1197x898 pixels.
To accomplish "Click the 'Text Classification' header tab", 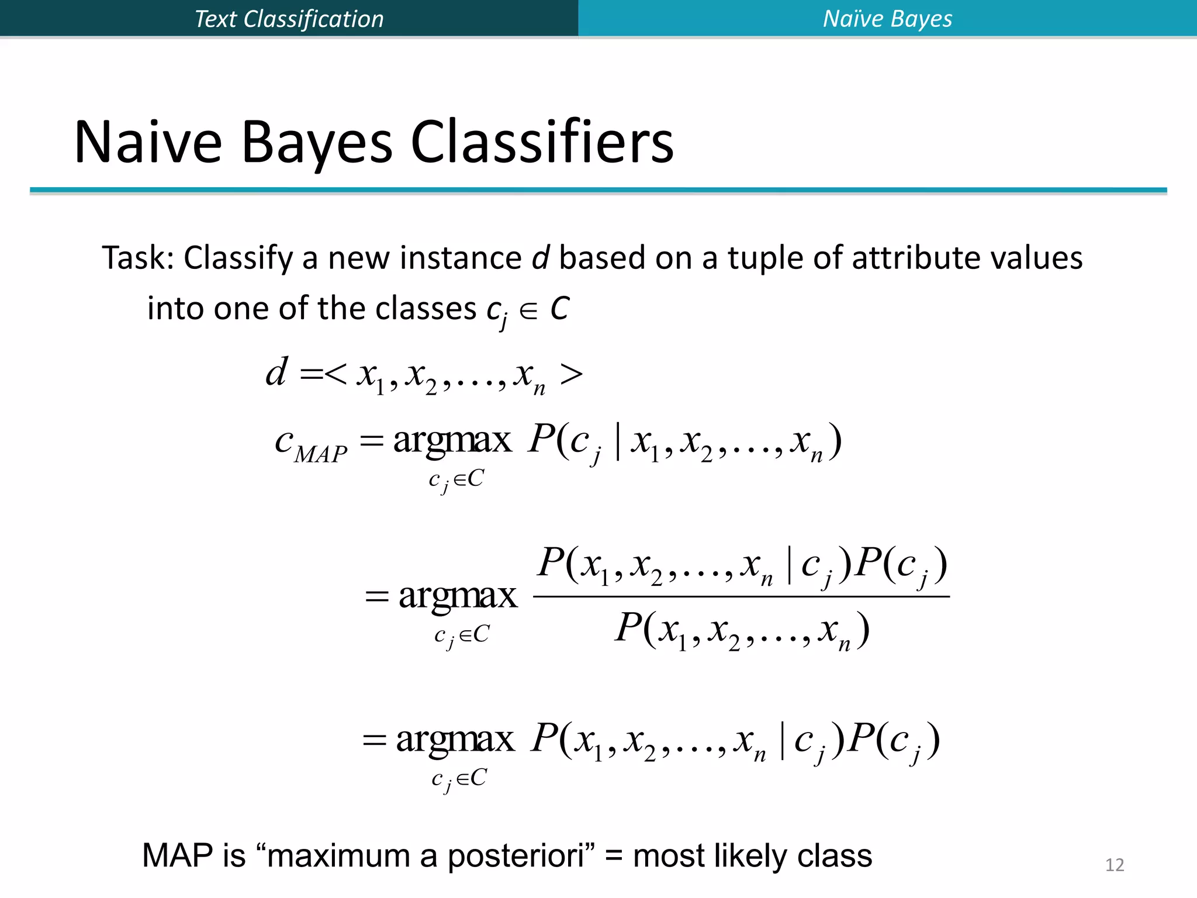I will click(x=289, y=19).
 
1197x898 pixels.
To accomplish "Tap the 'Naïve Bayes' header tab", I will click(x=887, y=19).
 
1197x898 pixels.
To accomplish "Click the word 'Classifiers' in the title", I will click(x=542, y=143).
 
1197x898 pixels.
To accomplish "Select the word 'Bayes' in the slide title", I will click(x=316, y=143).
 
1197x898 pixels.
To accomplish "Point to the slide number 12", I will click(x=1115, y=865).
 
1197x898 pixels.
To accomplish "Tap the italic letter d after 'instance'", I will click(x=541, y=258).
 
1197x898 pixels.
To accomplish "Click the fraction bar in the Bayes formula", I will click(x=741, y=597).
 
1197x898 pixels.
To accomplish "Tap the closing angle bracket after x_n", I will click(x=571, y=374).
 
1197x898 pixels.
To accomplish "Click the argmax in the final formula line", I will click(x=455, y=740).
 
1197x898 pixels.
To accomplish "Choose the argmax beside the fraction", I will click(x=458, y=596).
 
